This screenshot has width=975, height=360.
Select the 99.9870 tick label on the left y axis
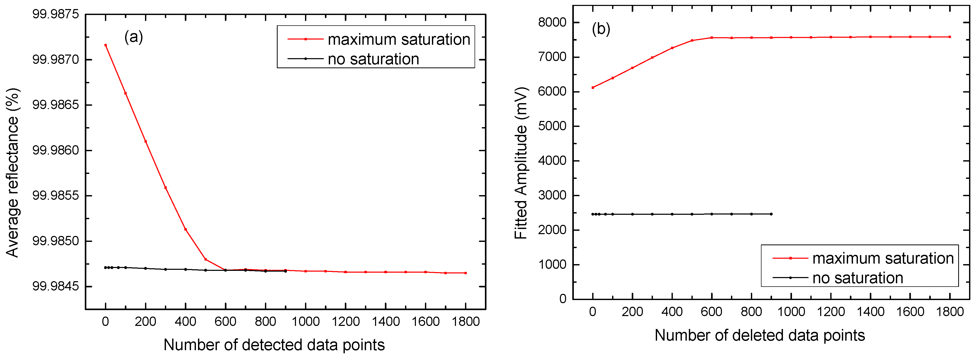point(56,59)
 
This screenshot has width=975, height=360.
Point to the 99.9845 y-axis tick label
point(56,287)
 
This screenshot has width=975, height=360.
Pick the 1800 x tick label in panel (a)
point(466,322)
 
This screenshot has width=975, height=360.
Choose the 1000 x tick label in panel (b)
point(791,312)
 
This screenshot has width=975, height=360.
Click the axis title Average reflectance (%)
point(12,173)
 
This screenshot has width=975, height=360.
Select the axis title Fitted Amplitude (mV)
point(521,163)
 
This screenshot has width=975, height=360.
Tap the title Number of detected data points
point(274,345)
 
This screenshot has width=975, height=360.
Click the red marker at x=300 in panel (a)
point(165,188)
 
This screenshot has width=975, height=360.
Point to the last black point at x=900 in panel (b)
point(771,214)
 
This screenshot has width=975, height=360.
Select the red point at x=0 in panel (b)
point(593,87)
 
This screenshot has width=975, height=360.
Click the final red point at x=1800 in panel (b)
point(950,37)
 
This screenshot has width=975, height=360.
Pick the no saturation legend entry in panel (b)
point(857,278)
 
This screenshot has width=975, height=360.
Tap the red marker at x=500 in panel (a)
point(205,259)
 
